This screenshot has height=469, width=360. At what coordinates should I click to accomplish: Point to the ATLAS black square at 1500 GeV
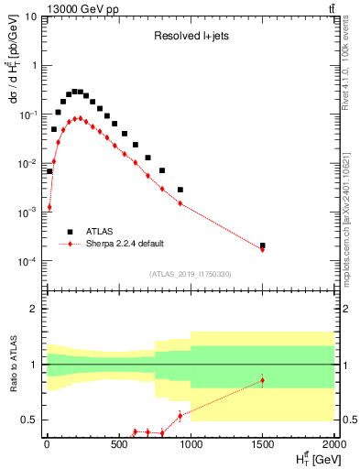[263, 245]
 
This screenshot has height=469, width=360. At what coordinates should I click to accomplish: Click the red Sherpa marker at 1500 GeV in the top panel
[263, 249]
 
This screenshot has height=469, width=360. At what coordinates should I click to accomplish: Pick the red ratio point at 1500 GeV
[263, 380]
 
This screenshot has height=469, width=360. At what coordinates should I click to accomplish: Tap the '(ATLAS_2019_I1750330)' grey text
[191, 274]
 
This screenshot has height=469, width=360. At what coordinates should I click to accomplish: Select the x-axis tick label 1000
[191, 446]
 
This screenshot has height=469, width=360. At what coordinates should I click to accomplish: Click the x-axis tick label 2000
[333, 446]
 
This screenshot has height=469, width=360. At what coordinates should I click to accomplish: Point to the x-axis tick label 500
[118, 446]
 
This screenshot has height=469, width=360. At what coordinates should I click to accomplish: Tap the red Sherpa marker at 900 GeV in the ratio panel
[180, 415]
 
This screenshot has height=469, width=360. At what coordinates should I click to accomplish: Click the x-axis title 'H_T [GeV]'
[309, 459]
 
